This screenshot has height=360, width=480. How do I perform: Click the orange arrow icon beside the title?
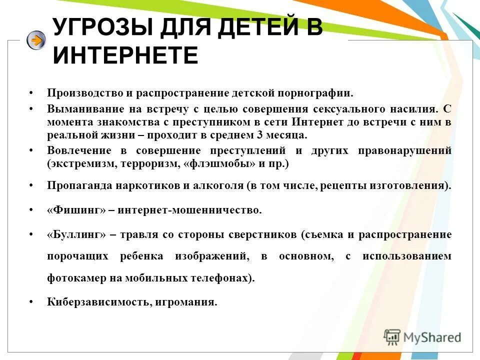tap(36, 40)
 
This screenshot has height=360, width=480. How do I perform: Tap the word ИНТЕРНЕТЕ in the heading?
tap(125, 55)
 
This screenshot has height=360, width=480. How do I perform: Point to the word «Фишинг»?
tap(76, 210)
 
